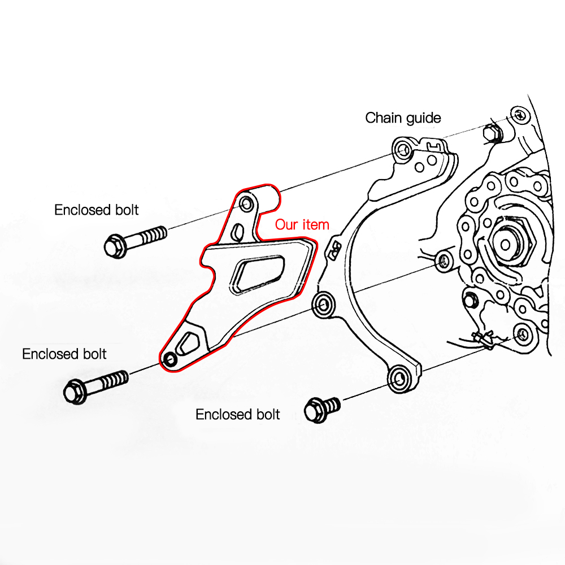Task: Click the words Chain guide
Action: [x=403, y=118]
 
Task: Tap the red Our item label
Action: [x=302, y=224]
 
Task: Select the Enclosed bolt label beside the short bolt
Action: [x=237, y=414]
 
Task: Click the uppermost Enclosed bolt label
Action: [x=96, y=210]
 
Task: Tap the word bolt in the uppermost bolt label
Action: [x=125, y=210]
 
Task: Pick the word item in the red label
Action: [x=316, y=224]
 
